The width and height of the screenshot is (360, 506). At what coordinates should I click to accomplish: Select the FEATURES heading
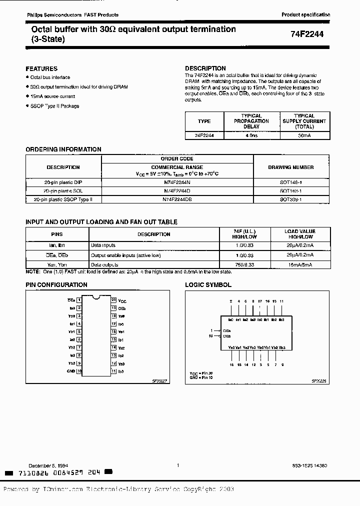41,68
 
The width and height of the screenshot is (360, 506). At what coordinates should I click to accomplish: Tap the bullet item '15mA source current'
52,96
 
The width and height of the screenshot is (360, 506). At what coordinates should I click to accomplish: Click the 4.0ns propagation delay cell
251,135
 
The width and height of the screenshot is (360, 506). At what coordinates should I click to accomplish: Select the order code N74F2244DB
177,199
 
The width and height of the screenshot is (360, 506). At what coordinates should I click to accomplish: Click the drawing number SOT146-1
291,183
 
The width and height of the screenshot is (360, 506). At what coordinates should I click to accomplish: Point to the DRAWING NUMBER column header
291,167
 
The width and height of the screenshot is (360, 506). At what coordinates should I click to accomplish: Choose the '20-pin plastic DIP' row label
63,183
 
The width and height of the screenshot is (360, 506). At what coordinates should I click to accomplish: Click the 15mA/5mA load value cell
299,264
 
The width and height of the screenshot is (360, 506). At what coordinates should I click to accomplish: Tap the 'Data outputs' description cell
103,264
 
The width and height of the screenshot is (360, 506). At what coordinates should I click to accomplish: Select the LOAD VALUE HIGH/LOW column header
299,234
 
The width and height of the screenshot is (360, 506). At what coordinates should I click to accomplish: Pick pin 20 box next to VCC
114,300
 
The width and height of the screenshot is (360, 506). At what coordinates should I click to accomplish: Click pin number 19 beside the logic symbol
211,336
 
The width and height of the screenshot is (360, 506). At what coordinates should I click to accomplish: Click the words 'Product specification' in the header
306,15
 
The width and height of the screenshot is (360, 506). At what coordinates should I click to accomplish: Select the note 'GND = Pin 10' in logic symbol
201,378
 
